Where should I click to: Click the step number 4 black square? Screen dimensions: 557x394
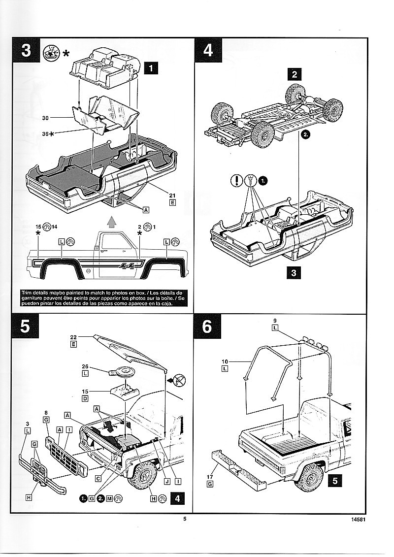[208, 51]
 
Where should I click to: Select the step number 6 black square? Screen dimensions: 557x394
[207, 328]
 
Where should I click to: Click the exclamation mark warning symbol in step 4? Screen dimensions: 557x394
[237, 181]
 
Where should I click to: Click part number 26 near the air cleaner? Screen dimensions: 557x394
[85, 366]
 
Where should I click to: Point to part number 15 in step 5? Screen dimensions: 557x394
[85, 392]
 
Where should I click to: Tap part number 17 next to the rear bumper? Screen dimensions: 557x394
[210, 476]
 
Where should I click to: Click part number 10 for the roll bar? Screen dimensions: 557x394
[225, 361]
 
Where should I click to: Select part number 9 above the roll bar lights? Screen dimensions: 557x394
[275, 321]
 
